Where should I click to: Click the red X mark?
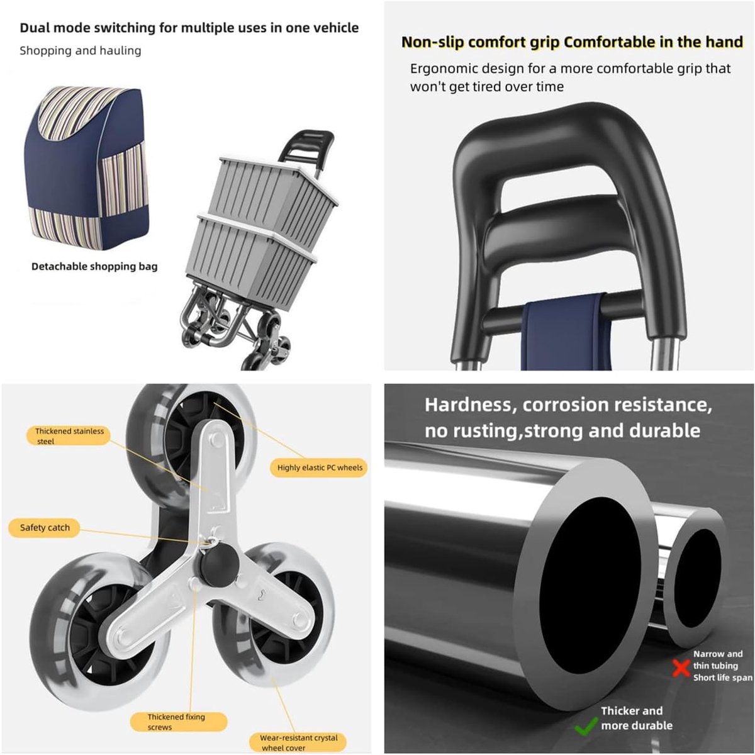tap(682, 668)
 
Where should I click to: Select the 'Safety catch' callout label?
tap(44, 528)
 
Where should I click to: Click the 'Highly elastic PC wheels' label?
tap(320, 467)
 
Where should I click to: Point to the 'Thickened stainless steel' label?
tap(69, 435)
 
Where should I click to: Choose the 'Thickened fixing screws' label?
tap(178, 722)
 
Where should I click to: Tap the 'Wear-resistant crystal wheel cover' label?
tap(298, 742)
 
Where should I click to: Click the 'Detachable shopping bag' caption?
tap(94, 266)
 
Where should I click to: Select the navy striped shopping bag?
tap(86, 168)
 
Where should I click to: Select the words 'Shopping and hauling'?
tap(81, 50)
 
